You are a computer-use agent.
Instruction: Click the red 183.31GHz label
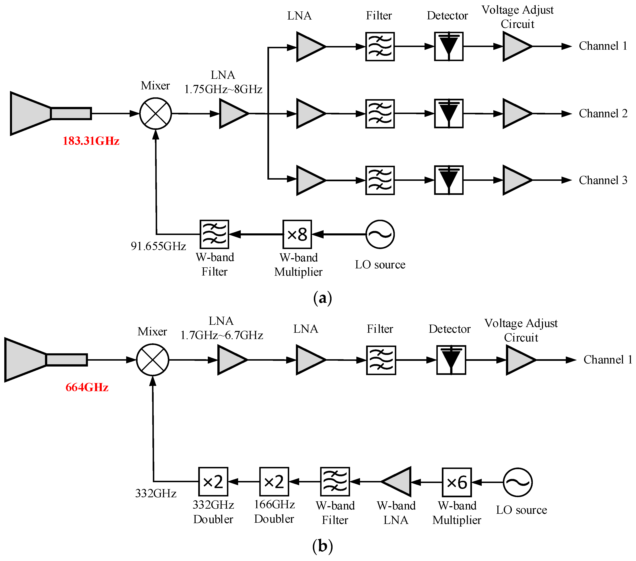[x=91, y=141]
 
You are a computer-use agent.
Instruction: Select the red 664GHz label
[x=87, y=387]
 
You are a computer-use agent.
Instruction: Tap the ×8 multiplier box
[x=297, y=234]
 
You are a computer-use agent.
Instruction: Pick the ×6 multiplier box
[x=456, y=482]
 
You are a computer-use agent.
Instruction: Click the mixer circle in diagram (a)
[x=155, y=114]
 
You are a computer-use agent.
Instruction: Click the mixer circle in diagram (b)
[x=152, y=360]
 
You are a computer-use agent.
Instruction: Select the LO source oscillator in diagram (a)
[x=380, y=234]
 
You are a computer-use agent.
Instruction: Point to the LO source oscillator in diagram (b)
[x=518, y=482]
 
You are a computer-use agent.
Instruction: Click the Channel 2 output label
[x=603, y=114]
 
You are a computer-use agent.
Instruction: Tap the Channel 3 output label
[x=603, y=180]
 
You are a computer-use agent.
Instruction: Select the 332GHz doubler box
[x=213, y=482]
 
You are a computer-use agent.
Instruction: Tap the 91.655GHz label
[x=158, y=246]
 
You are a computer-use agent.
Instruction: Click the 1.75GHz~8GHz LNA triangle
[x=232, y=114]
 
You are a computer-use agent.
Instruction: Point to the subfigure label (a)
[x=322, y=298]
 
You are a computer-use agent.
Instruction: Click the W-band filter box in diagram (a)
[x=214, y=234]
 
